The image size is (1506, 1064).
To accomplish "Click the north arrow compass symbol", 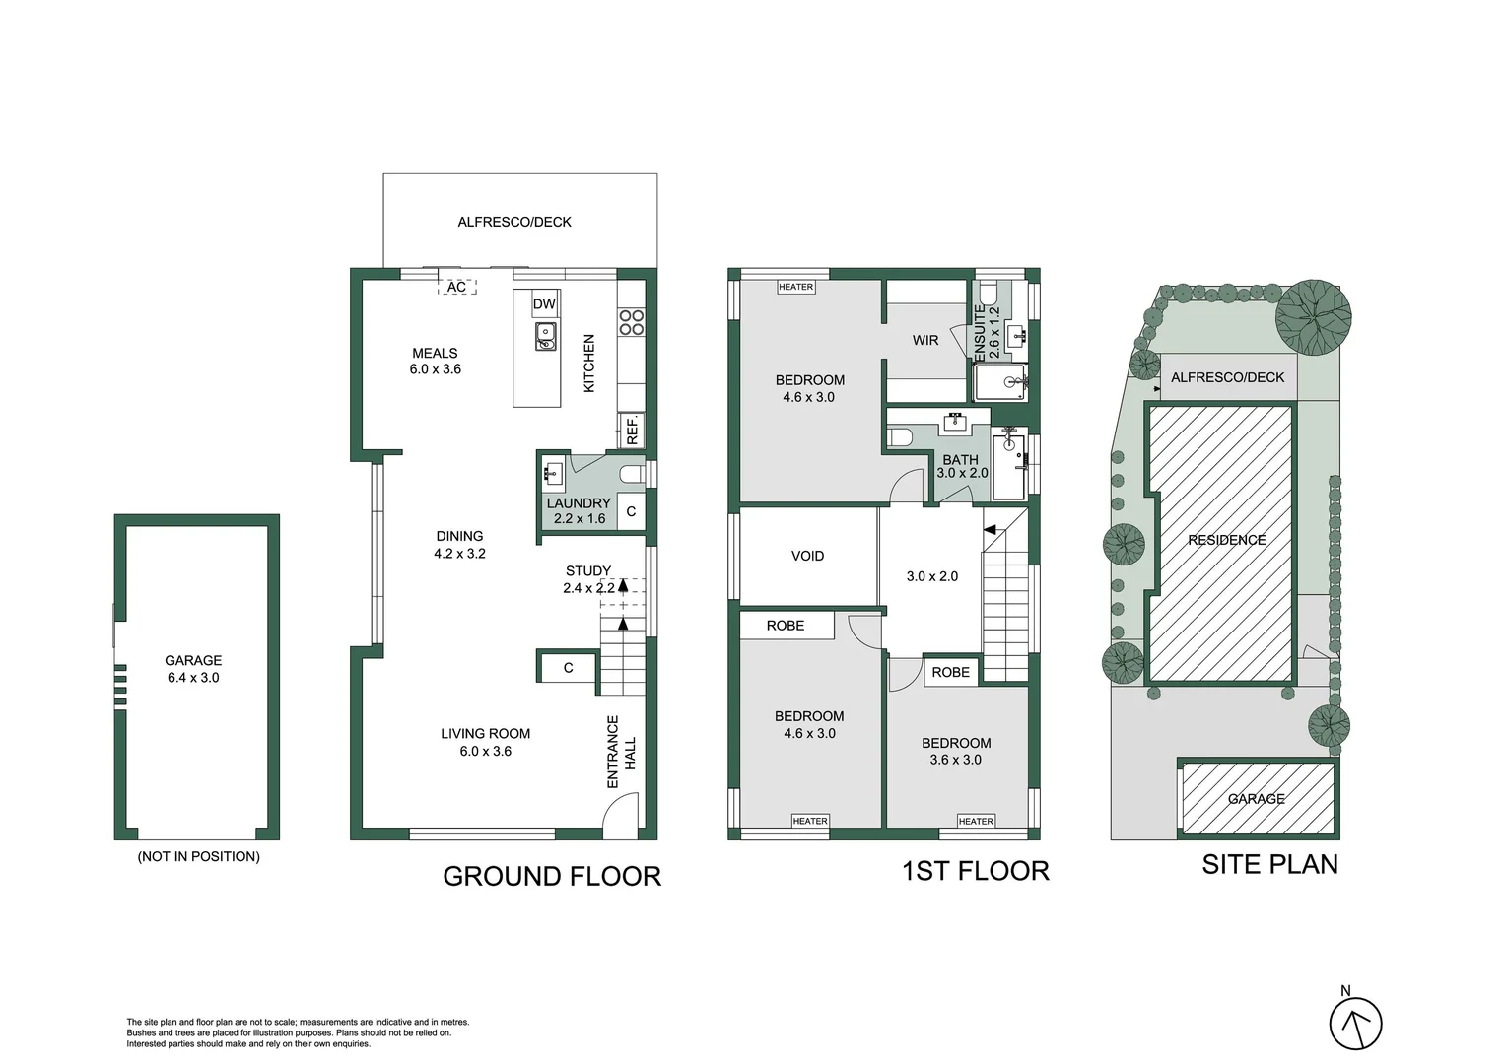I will pos(1355,1024).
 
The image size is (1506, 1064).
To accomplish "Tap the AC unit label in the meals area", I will pos(456,287).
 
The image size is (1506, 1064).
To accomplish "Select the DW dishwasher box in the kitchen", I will pos(544,304).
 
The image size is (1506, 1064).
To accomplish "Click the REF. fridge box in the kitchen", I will pos(632,429).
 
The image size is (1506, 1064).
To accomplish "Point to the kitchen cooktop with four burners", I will pos(631,322).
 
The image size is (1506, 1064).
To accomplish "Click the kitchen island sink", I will pos(545,337).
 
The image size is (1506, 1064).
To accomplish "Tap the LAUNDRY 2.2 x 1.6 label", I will pos(579,510).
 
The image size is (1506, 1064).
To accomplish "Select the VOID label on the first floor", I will pos(807,556).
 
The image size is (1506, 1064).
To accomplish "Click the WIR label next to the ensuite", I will pos(924,340).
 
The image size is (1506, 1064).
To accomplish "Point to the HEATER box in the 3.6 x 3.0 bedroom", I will pos(976,821).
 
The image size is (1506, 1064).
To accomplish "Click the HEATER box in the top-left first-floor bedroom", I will pos(795,287).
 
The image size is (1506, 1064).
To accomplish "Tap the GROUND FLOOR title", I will pos(551,876).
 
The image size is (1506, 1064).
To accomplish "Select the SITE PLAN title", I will pos(1269,864).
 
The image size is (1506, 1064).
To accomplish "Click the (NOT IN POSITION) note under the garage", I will pos(198,856).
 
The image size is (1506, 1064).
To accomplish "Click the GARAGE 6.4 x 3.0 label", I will pos(193,669).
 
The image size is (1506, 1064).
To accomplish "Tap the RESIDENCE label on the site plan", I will pos(1226,540).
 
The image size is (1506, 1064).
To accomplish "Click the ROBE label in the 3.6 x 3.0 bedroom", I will pos(950,672).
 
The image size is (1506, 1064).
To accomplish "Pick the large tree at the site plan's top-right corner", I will pos(1313,317).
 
